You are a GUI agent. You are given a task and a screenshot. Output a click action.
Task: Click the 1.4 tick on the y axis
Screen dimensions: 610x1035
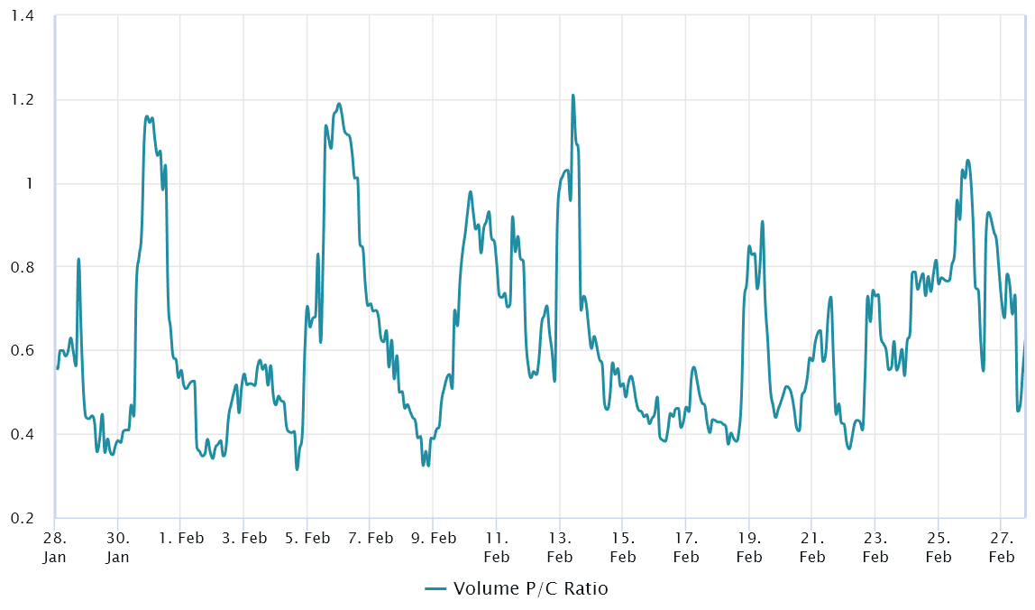click(22, 16)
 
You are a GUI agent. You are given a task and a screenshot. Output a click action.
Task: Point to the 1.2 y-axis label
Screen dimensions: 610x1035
click(22, 100)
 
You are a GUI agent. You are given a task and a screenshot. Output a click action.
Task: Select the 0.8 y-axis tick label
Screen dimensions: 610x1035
click(22, 267)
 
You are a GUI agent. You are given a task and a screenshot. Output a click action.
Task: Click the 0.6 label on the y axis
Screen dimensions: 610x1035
click(22, 350)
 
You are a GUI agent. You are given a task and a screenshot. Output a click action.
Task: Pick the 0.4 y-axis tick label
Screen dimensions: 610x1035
click(22, 434)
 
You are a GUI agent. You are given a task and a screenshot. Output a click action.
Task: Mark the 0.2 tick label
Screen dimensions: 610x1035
click(22, 518)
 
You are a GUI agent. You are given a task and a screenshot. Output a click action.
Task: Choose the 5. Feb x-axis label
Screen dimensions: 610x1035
click(307, 539)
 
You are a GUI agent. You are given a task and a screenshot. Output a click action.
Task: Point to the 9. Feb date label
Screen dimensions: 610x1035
click(433, 539)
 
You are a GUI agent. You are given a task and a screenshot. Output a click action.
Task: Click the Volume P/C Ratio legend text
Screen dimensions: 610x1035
click(530, 589)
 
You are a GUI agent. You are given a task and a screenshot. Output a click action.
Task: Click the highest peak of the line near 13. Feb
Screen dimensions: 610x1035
click(572, 95)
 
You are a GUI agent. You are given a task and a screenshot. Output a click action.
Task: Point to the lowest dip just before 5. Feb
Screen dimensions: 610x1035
click(297, 469)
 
